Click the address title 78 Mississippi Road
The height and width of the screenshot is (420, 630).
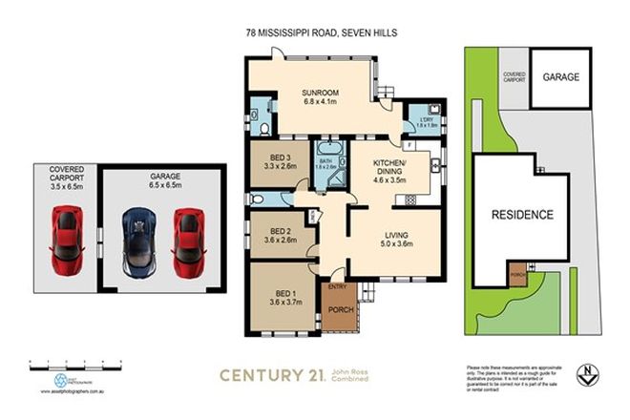[x=320, y=32]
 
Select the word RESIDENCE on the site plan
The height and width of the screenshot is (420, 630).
[x=522, y=215]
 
